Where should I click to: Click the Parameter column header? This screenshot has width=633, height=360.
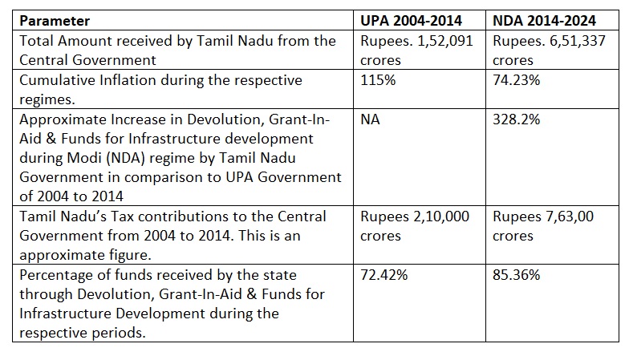coord(54,21)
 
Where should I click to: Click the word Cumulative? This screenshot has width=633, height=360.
coord(55,80)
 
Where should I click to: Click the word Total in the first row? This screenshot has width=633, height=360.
coord(35,41)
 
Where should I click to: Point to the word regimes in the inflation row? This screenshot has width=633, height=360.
coord(45,99)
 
